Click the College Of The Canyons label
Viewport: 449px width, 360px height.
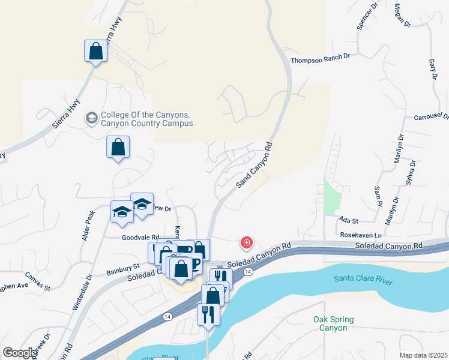pos(147,119)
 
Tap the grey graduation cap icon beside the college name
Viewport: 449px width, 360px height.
pos(92,117)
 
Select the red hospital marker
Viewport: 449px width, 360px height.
pos(246,243)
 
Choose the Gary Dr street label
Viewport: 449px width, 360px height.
pos(432,69)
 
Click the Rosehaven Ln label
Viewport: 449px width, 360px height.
pos(361,235)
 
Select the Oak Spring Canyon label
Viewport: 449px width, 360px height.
pos(333,324)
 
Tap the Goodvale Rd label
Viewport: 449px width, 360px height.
pos(140,238)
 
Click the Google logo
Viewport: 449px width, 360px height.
pos(20,353)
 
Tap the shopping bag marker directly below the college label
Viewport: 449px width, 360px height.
pos(118,147)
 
